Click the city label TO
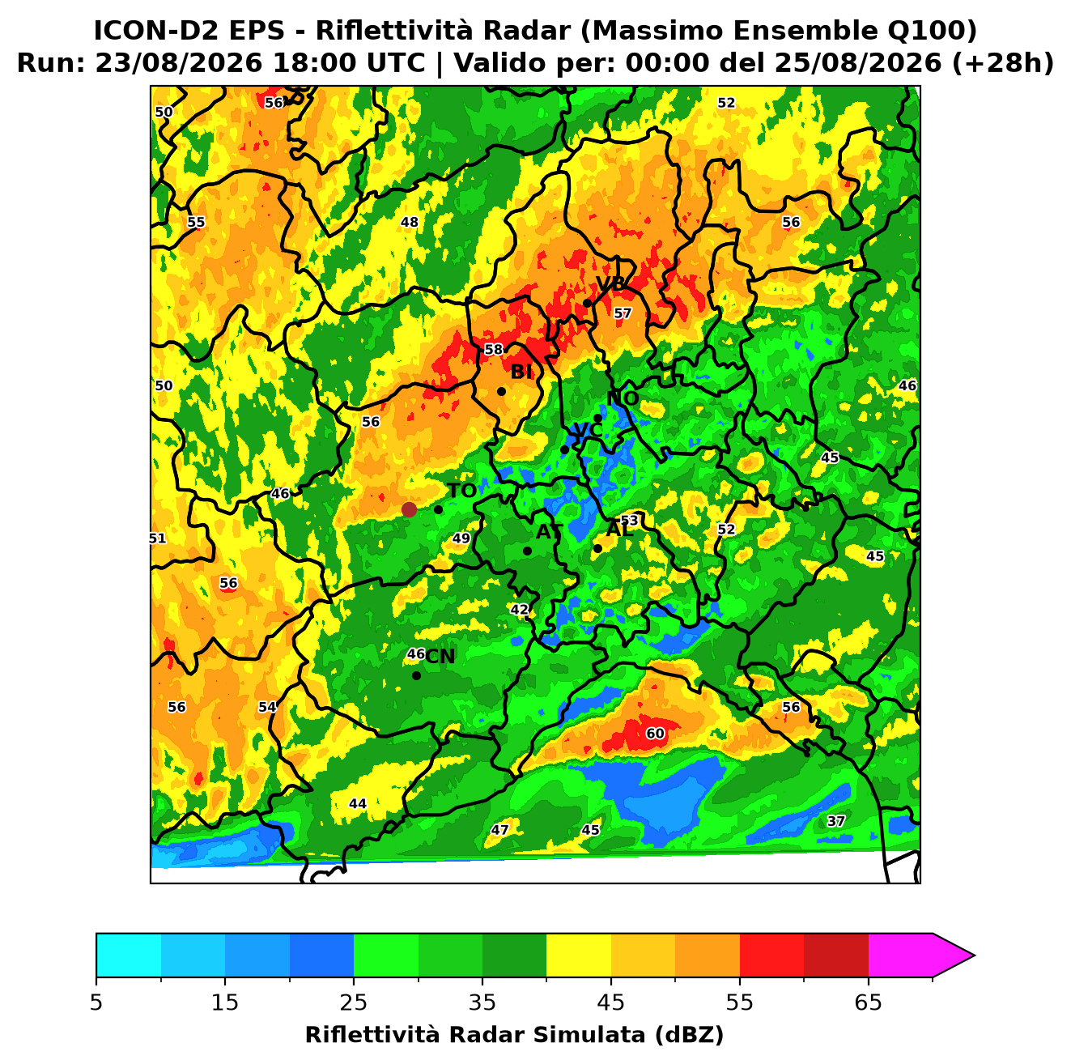click(461, 491)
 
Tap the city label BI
click(521, 372)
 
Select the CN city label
click(440, 657)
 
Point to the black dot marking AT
click(527, 551)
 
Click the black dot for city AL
click(597, 548)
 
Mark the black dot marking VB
click(587, 303)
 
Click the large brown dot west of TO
click(409, 509)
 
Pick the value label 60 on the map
click(655, 734)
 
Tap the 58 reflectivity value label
click(494, 349)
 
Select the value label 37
click(836, 821)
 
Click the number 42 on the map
click(520, 610)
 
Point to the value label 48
click(410, 223)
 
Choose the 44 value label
click(357, 804)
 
